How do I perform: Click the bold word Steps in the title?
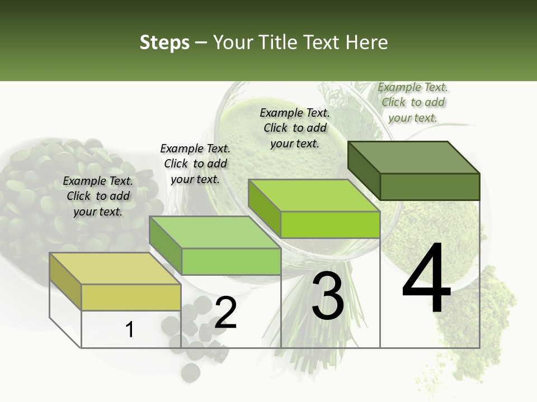[x=164, y=43]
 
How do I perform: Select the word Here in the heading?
[x=367, y=42]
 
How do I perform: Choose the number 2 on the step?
[x=226, y=313]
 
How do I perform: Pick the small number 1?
[x=130, y=330]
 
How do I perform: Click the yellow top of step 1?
[x=115, y=269]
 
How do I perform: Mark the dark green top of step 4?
[x=414, y=157]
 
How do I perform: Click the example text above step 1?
[x=98, y=196]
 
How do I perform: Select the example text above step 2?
[x=195, y=164]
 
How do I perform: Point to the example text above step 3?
[x=295, y=128]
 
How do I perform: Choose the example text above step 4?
[x=413, y=102]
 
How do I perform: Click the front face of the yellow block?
[x=131, y=297]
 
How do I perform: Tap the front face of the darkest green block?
[x=430, y=186]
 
